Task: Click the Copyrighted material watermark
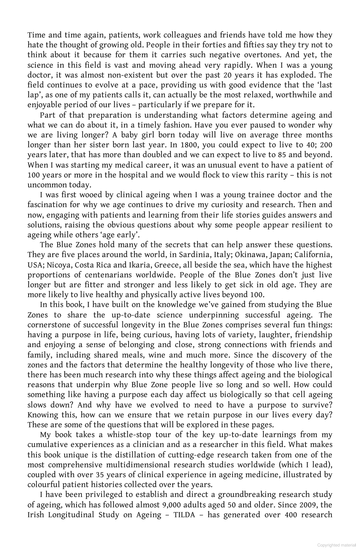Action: pos(336,545)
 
